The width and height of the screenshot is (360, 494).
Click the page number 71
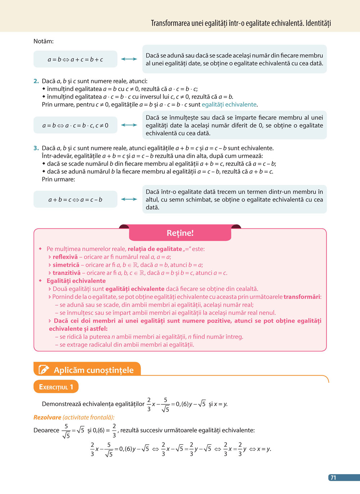coord(333,477)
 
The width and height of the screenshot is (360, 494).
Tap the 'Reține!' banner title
coord(180,233)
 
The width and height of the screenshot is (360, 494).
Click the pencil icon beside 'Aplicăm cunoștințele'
coord(44,370)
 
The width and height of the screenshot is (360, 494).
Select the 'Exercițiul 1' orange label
coord(56,387)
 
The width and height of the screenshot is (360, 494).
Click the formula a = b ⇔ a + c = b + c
coord(75,59)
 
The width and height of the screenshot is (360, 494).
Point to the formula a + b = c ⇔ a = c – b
coord(75,199)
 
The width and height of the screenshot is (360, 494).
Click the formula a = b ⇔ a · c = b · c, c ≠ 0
coord(75,126)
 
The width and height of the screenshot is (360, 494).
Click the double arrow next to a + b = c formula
coord(129,199)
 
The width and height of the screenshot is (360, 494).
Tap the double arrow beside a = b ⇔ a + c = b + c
coord(129,59)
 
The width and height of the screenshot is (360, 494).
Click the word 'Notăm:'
coord(44,41)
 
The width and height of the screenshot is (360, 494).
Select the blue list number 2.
coord(36,81)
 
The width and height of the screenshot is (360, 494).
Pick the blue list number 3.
coord(36,148)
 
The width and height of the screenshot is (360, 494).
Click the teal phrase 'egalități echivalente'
coord(229,105)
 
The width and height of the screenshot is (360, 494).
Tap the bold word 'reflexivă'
coord(65,257)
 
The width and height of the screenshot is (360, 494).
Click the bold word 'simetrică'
coord(66,265)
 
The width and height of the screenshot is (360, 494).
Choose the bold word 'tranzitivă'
coord(67,273)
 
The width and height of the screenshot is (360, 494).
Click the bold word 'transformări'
coord(302,297)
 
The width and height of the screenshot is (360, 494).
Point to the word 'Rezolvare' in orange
coord(47,417)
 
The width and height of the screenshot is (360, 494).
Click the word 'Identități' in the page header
coord(318,23)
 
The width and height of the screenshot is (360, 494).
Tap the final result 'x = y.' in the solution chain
coord(264,449)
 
